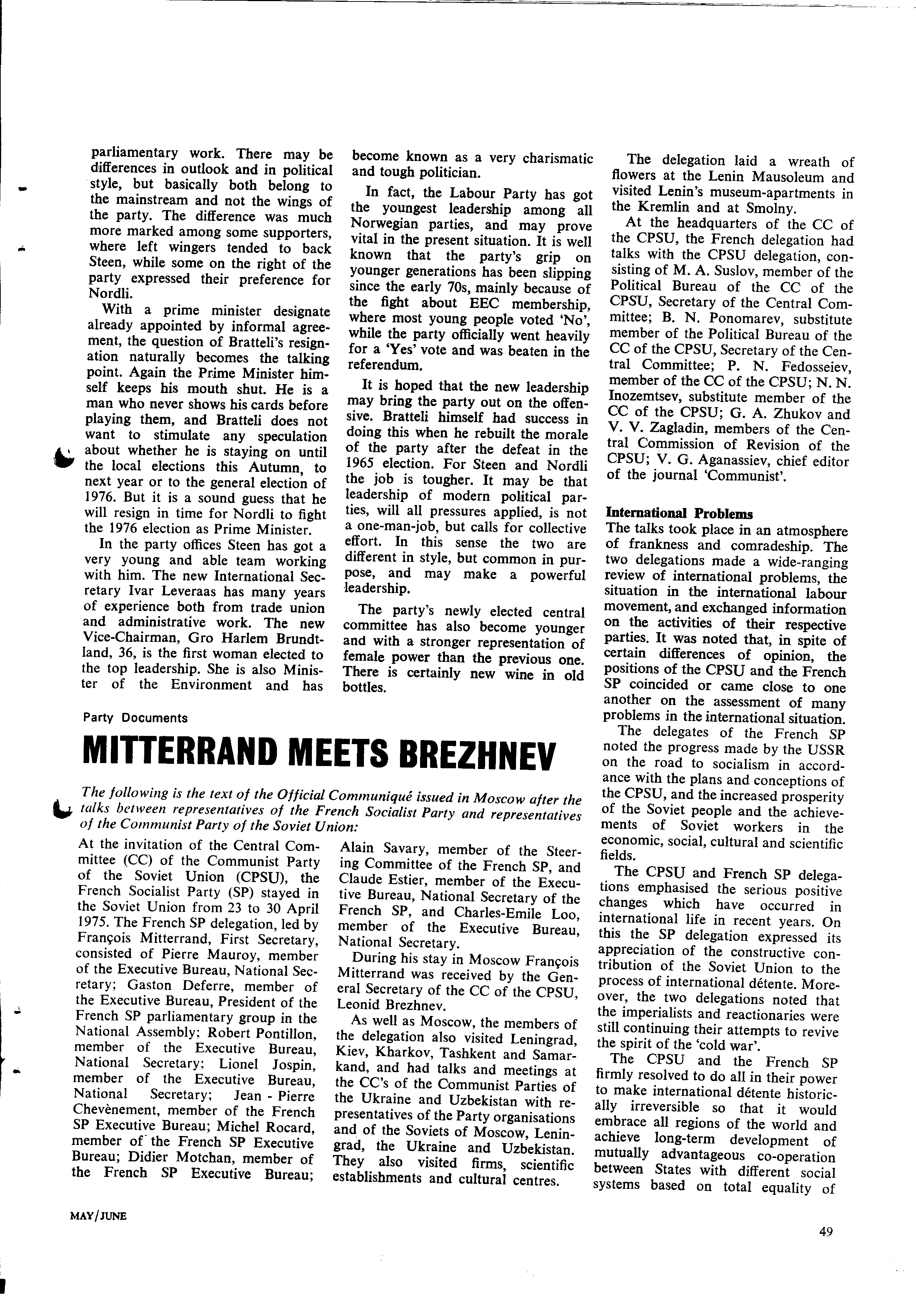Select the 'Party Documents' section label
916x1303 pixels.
pyautogui.click(x=135, y=718)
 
